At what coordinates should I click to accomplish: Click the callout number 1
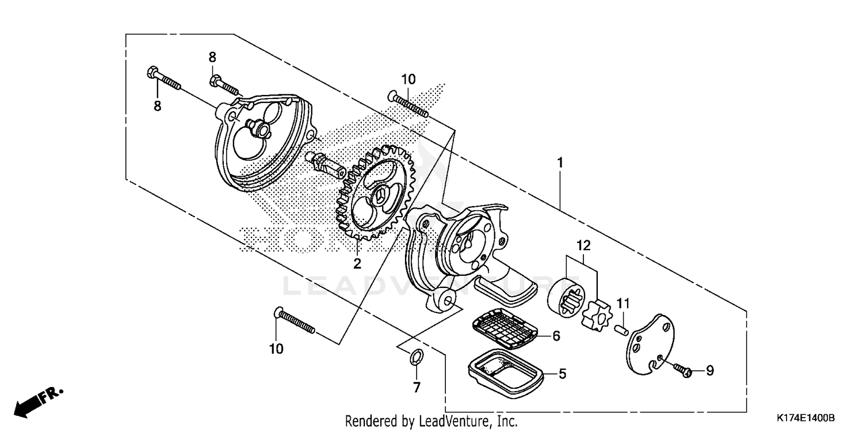(x=559, y=162)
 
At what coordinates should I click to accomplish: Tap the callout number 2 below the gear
(x=357, y=264)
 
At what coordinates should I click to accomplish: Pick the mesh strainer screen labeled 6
(x=505, y=331)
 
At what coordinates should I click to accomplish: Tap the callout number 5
(x=562, y=374)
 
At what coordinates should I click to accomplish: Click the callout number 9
(x=709, y=371)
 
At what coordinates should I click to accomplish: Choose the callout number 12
(x=584, y=245)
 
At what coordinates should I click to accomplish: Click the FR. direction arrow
(x=37, y=401)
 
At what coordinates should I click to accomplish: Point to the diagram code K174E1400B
(x=805, y=418)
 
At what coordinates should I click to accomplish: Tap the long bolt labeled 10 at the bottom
(x=295, y=321)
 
